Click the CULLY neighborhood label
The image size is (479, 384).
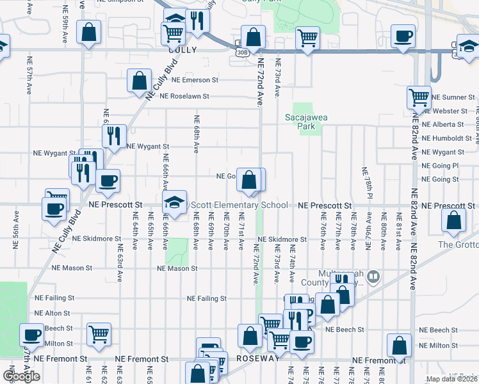coord(182,49)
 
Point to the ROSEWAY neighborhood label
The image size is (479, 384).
coord(259,359)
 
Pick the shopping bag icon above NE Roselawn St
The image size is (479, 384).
coord(139,82)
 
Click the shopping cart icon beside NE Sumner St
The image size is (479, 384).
coord(419,99)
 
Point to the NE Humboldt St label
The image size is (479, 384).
coord(447,138)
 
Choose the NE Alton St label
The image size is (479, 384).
coord(53,313)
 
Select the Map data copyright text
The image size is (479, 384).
coord(452,379)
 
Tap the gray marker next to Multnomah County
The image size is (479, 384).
coord(374,277)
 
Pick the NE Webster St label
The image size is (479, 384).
coord(453,111)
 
